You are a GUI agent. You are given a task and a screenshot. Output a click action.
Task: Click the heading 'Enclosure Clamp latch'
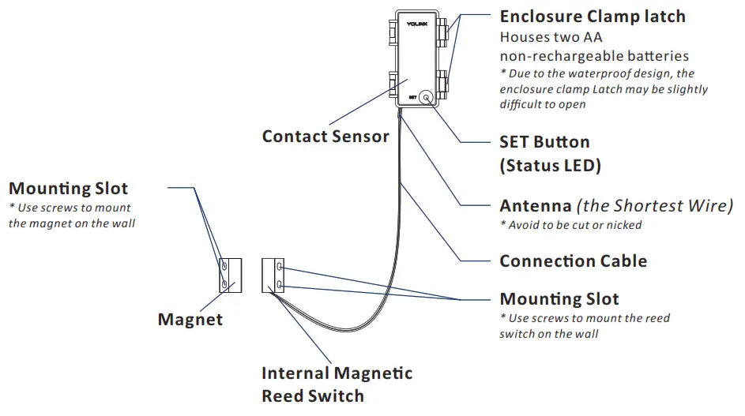tap(593, 17)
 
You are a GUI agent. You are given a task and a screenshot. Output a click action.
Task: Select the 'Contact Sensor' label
tap(325, 137)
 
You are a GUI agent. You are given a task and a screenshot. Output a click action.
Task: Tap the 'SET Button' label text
tap(544, 142)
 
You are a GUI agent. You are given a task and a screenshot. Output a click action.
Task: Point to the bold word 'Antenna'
tap(535, 206)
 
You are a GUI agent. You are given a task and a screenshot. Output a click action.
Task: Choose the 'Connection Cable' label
tap(573, 261)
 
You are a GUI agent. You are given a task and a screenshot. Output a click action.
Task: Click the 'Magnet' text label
tap(190, 320)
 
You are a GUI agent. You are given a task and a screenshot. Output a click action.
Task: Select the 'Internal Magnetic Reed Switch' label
tap(337, 384)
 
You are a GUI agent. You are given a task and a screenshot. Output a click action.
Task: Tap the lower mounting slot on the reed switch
tap(280, 283)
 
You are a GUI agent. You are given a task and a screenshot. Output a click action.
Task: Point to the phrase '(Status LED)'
tap(550, 166)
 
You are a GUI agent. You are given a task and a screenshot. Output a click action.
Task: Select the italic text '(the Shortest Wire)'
tap(655, 206)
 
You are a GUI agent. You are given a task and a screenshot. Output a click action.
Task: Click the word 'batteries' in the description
tap(653, 56)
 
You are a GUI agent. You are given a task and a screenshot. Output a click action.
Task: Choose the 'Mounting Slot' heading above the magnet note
tap(68, 189)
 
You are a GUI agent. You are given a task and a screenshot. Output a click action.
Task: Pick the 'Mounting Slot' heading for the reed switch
tap(559, 299)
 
